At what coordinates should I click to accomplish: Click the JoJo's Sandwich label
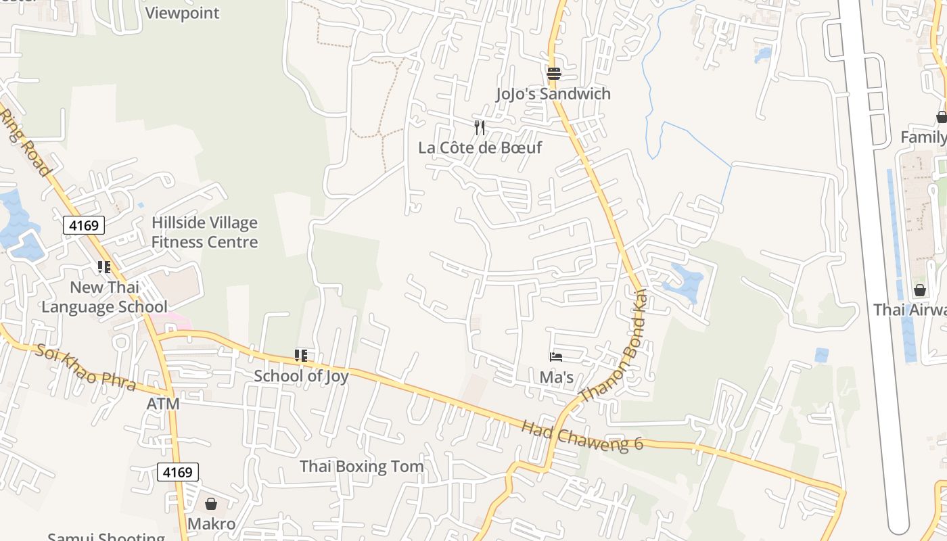pyautogui.click(x=553, y=94)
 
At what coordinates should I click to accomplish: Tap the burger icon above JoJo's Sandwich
pyautogui.click(x=554, y=73)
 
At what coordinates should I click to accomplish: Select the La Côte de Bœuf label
pyautogui.click(x=480, y=147)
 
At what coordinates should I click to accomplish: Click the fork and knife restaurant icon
pyautogui.click(x=480, y=127)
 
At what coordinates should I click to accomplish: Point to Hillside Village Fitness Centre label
pyautogui.click(x=204, y=233)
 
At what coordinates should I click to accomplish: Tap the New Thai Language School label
pyautogui.click(x=104, y=297)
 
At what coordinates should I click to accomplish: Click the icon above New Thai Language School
pyautogui.click(x=103, y=267)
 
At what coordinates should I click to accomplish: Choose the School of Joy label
pyautogui.click(x=301, y=376)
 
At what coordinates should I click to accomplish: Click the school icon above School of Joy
pyautogui.click(x=301, y=356)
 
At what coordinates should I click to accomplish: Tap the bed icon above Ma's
pyautogui.click(x=556, y=357)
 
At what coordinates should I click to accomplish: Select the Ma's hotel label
pyautogui.click(x=556, y=377)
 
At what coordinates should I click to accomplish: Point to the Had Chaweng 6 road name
pyautogui.click(x=582, y=436)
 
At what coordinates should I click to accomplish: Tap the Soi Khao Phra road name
pyautogui.click(x=85, y=368)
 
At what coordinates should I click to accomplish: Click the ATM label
pyautogui.click(x=163, y=404)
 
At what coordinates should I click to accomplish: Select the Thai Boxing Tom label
pyautogui.click(x=361, y=467)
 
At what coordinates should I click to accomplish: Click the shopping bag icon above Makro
pyautogui.click(x=211, y=504)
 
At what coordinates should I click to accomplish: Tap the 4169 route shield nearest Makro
pyautogui.click(x=178, y=471)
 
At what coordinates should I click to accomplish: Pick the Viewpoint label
pyautogui.click(x=183, y=13)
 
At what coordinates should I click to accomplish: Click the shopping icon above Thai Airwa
pyautogui.click(x=920, y=290)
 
